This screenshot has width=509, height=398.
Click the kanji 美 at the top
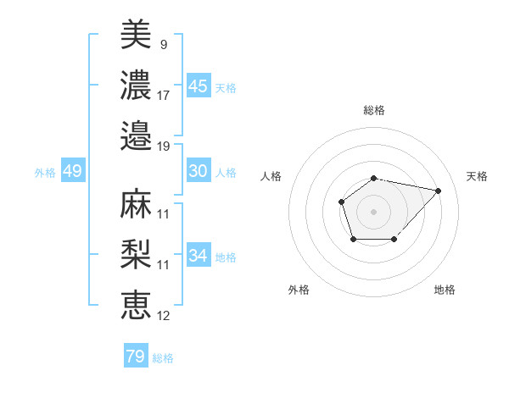click(136, 35)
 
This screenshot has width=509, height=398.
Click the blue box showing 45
click(198, 86)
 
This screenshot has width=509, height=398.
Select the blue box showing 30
click(198, 171)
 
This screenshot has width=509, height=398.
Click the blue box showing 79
click(136, 357)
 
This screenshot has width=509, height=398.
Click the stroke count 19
click(164, 145)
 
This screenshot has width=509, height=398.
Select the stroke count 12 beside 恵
click(164, 316)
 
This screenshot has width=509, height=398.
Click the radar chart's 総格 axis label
click(373, 110)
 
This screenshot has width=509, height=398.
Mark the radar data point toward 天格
click(438, 191)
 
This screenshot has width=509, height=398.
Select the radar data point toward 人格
click(341, 202)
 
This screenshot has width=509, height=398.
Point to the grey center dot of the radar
click(373, 211)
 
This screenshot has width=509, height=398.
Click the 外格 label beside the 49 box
click(45, 173)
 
